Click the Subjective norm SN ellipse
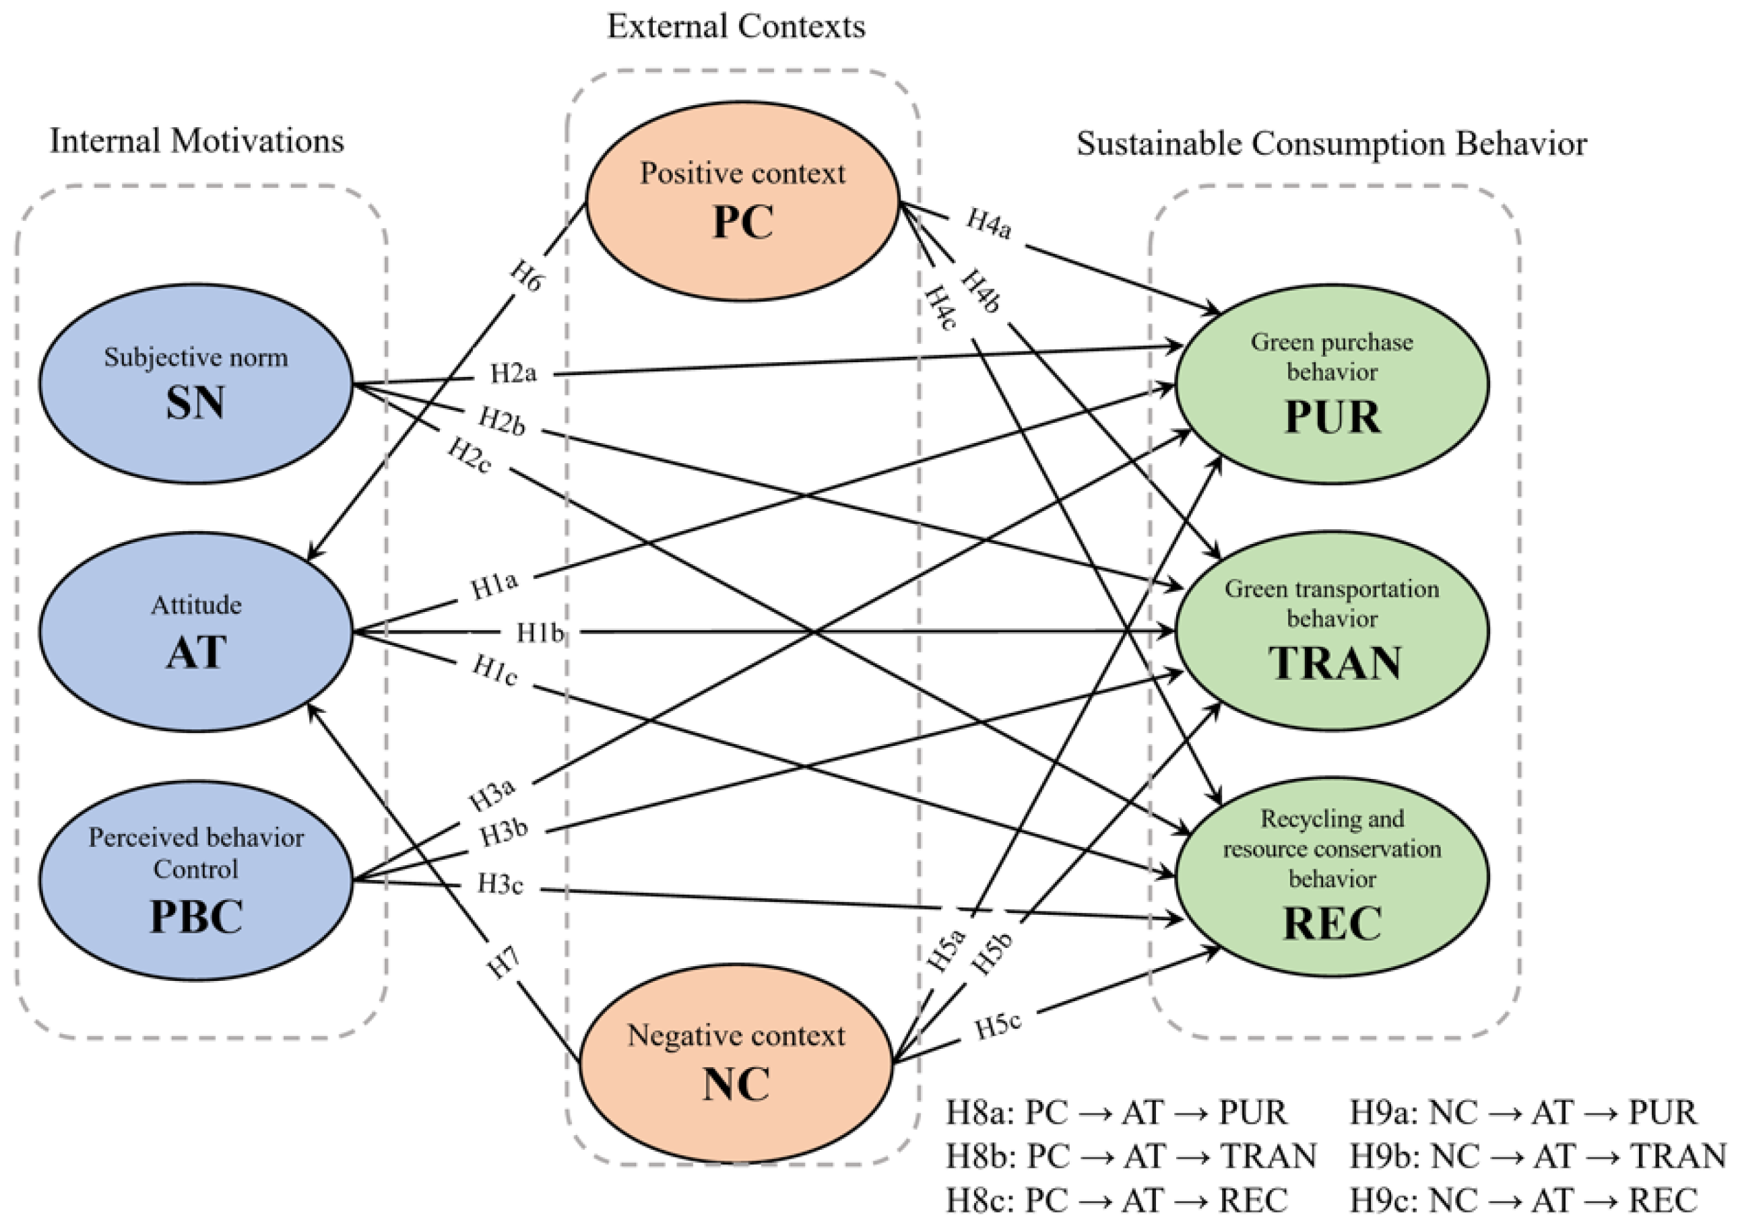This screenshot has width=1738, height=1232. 196,384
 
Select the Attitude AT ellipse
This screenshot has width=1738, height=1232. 196,632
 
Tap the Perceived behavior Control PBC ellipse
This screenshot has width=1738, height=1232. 196,880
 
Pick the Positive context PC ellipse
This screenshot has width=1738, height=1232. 742,201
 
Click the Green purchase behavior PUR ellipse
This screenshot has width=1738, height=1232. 1332,384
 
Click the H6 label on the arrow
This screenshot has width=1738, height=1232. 526,276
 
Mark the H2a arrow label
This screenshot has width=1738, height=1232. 513,373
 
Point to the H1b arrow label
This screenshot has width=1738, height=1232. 540,632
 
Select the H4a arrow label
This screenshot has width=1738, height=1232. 988,224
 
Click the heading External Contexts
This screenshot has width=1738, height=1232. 736,26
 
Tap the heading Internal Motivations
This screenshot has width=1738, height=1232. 197,141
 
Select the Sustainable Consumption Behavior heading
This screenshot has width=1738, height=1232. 1331,143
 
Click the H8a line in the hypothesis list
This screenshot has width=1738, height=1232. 1116,1113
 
